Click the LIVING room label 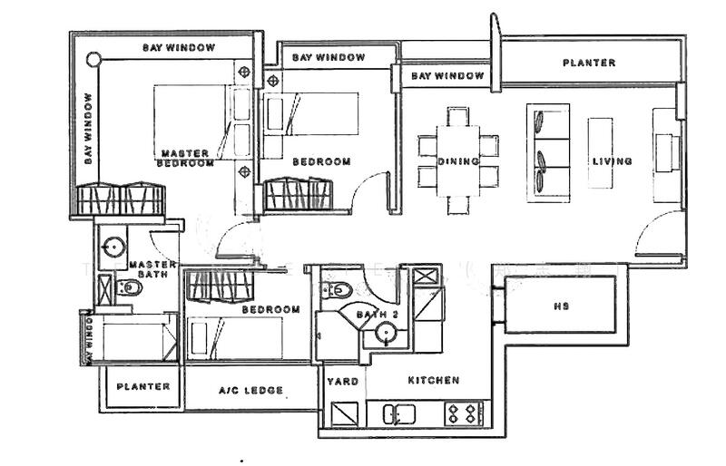613,161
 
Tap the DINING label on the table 458,161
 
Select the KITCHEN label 433,380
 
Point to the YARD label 341,382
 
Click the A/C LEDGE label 251,391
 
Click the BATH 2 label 378,315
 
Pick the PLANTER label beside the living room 589,63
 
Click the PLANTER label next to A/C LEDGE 143,386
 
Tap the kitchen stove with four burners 463,413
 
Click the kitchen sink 398,414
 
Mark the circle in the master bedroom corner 93,60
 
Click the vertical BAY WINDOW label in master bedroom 88,128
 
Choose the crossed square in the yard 343,415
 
